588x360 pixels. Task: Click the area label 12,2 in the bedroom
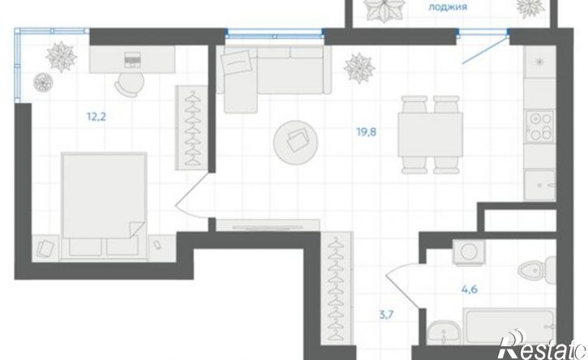[97, 117]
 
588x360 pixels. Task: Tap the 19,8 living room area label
[367, 132]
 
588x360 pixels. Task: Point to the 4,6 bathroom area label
[469, 289]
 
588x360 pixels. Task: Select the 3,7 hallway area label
[386, 315]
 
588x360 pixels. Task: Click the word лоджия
[448, 6]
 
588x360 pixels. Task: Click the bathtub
[509, 325]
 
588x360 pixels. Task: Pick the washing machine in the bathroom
[469, 252]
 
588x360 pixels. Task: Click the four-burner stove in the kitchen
[539, 126]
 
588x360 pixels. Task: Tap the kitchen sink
[539, 185]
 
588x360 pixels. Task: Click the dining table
[430, 135]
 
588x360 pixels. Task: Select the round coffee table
[296, 143]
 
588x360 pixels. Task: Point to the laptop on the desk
[132, 60]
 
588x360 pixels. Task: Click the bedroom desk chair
[130, 83]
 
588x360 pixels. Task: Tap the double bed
[104, 205]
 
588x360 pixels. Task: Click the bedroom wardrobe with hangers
[192, 127]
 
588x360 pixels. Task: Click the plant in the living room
[359, 68]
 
